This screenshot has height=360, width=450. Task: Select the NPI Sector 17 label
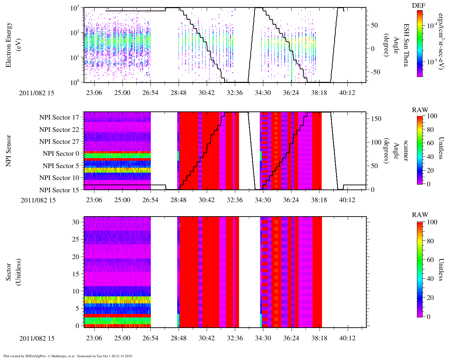point(59,117)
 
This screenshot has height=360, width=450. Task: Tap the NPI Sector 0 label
point(61,154)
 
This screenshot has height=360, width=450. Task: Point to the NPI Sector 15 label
point(59,190)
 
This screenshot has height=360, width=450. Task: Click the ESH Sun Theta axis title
point(406,45)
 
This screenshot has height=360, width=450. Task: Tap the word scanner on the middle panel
point(405,150)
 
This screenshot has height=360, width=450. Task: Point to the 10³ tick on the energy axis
point(75,8)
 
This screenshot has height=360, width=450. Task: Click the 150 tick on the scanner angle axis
point(377,119)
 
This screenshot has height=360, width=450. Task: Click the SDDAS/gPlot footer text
point(68,356)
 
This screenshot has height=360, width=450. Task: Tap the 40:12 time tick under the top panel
point(347,93)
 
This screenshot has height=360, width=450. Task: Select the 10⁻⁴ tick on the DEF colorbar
point(432,26)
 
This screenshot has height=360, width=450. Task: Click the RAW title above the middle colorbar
point(420,110)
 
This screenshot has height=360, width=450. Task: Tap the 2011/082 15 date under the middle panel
point(38,200)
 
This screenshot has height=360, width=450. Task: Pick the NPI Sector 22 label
point(59,130)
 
